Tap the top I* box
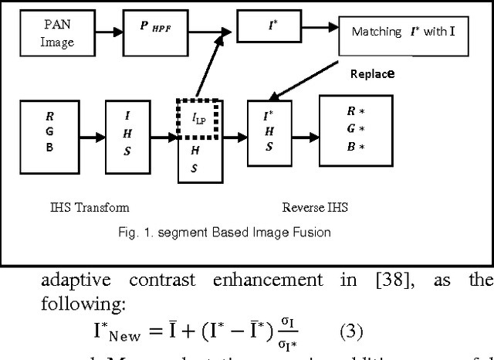pos(272,25)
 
